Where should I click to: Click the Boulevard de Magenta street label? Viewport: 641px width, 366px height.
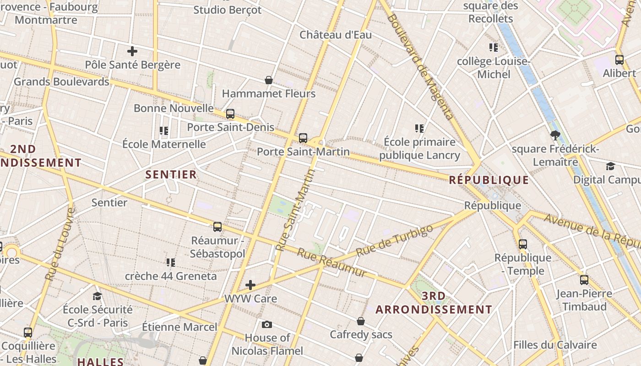click(420, 67)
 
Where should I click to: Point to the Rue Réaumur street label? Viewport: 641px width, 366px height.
click(332, 262)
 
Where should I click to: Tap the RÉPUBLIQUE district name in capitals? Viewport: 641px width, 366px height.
click(489, 180)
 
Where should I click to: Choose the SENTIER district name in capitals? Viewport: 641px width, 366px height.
click(171, 174)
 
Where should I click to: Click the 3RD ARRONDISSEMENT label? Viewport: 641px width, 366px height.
click(434, 303)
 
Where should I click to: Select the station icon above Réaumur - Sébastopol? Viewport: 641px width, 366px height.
click(217, 226)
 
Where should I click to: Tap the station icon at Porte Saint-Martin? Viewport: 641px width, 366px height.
click(303, 138)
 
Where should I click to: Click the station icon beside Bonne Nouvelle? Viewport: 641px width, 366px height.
click(230, 113)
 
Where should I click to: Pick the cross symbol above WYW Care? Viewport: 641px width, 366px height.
click(250, 285)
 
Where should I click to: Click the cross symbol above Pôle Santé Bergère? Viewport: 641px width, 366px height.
click(132, 51)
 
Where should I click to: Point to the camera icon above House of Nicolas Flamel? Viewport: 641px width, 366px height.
click(267, 325)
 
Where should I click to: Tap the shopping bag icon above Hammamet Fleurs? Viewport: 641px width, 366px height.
click(269, 80)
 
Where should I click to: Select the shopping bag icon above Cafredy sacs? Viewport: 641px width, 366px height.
click(361, 321)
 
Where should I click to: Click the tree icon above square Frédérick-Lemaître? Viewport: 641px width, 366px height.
click(555, 135)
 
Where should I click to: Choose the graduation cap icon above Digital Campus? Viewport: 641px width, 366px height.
click(610, 166)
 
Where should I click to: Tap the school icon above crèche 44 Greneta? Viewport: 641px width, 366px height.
click(171, 262)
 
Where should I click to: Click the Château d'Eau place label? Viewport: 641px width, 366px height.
click(336, 35)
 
